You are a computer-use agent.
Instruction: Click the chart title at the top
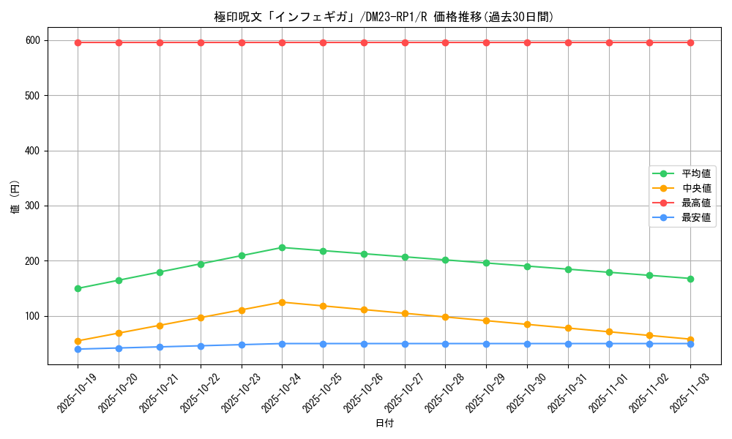pyautogui.click(x=384, y=17)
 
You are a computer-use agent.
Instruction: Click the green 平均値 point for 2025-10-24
pyautogui.click(x=282, y=247)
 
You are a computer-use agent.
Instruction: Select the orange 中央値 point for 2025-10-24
pyautogui.click(x=282, y=302)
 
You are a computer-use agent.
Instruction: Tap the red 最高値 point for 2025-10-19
pyautogui.click(x=78, y=42)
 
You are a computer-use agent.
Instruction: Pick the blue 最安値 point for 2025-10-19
pyautogui.click(x=78, y=349)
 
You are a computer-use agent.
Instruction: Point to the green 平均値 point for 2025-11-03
pyautogui.click(x=690, y=279)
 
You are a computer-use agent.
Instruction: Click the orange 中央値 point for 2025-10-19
pyautogui.click(x=78, y=341)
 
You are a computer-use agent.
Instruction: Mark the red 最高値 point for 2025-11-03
pyautogui.click(x=690, y=42)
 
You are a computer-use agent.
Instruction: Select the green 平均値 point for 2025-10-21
pyautogui.click(x=160, y=272)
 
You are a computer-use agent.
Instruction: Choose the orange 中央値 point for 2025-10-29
pyautogui.click(x=486, y=320)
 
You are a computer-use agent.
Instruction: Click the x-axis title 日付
pyautogui.click(x=384, y=424)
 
